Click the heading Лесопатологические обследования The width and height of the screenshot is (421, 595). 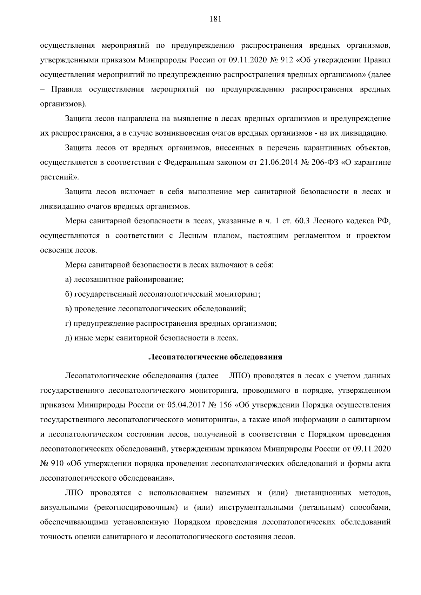coord(215,357)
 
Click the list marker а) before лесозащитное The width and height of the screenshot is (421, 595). coord(69,280)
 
